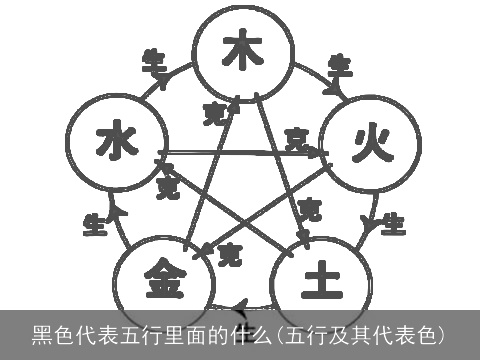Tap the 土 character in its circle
tap(320, 277)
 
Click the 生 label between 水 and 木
tap(153, 57)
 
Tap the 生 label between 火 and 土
tap(393, 222)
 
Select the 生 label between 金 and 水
tap(96, 224)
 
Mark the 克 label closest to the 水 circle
tap(168, 186)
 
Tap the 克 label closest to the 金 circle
tap(229, 250)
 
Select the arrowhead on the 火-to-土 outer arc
tap(371, 225)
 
